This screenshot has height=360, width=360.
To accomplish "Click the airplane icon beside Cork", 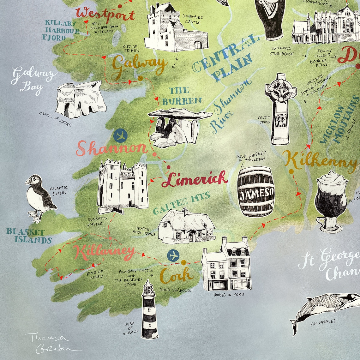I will click(x=173, y=255).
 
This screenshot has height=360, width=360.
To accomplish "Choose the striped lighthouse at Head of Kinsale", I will click(x=148, y=309).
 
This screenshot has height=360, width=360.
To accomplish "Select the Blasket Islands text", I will click(x=29, y=236).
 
